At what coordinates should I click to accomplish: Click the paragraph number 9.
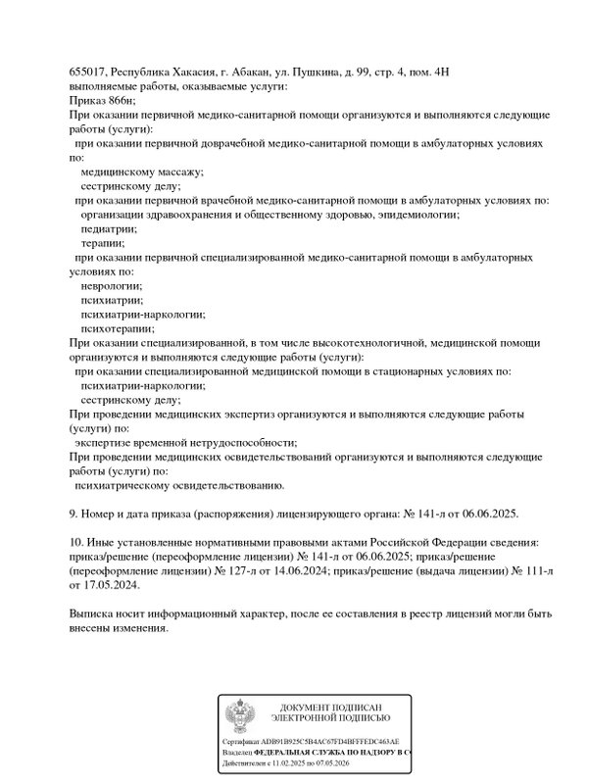click(x=74, y=513)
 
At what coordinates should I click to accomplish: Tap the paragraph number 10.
click(x=76, y=542)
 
